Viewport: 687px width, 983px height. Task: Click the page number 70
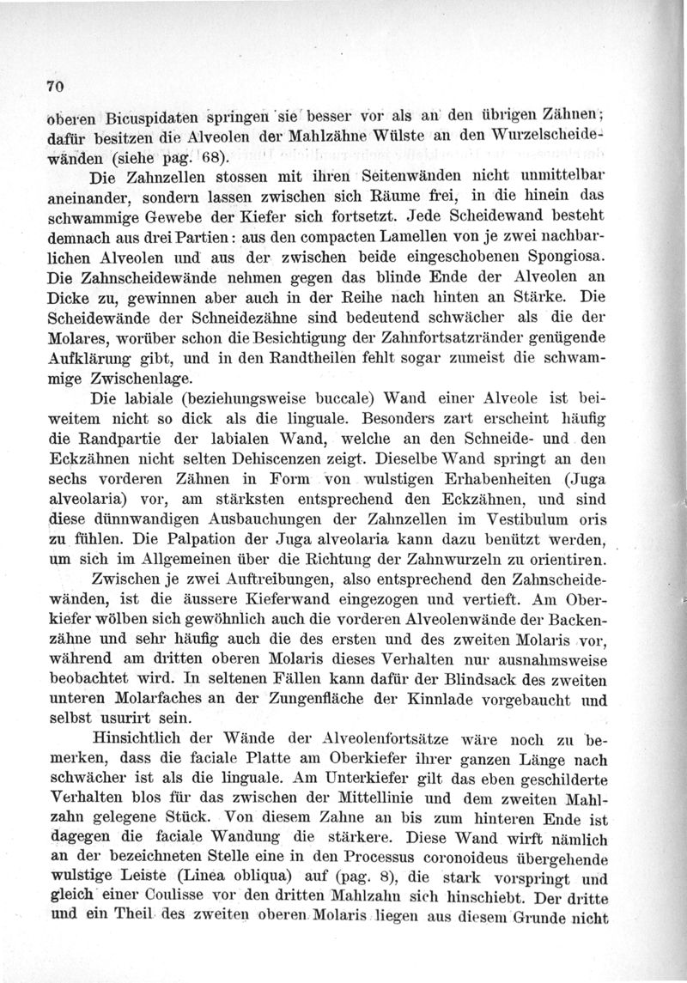[x=58, y=86]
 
